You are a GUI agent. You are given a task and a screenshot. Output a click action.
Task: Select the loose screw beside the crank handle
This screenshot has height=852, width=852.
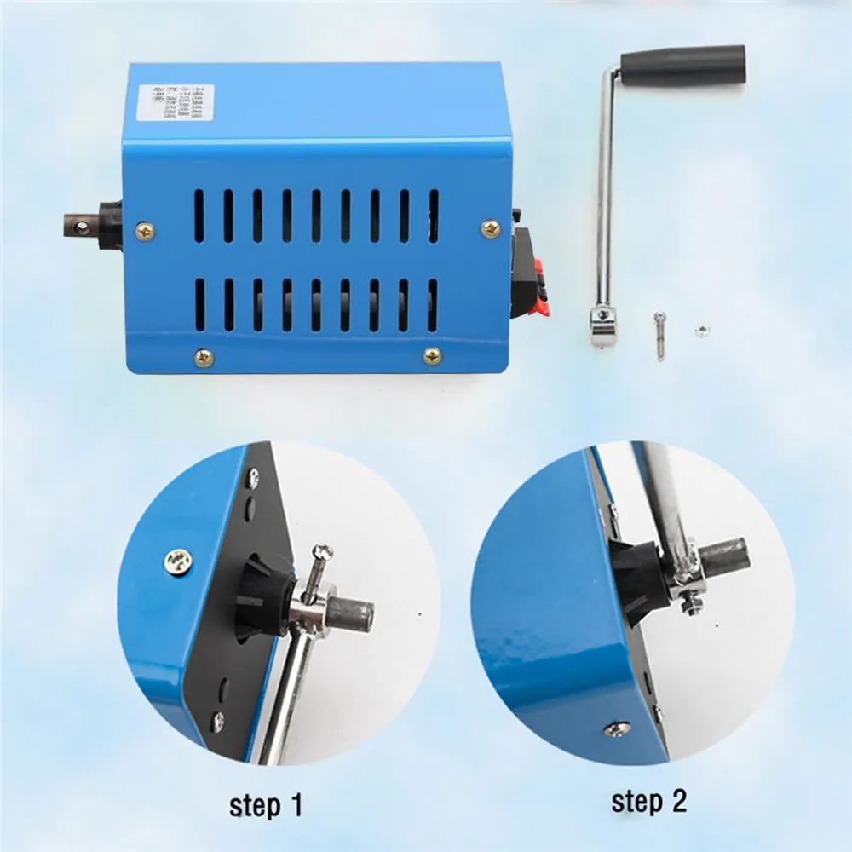pos(660,336)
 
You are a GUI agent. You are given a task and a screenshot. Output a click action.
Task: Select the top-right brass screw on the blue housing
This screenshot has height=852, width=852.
pos(491,227)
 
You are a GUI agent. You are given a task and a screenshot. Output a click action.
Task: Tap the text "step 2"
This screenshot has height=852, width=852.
pos(648,801)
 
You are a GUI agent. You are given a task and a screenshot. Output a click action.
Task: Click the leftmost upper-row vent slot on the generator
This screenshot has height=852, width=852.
pos(199,215)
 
